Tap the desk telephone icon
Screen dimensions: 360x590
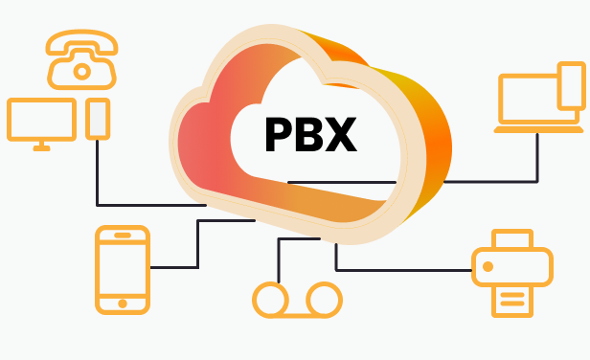tap(82, 58)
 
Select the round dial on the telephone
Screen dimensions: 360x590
tap(82, 70)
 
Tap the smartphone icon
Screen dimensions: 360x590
tap(123, 269)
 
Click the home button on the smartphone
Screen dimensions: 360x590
tap(123, 303)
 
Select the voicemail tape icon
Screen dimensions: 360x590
tap(297, 299)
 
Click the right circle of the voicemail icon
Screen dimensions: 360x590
tap(324, 299)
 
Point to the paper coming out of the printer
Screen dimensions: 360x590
tap(512, 302)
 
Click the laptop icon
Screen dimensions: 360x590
tap(533, 101)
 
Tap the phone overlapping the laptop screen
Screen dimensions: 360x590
tap(571, 85)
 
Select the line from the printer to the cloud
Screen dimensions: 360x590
tap(402, 269)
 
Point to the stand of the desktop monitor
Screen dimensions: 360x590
tap(41, 146)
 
